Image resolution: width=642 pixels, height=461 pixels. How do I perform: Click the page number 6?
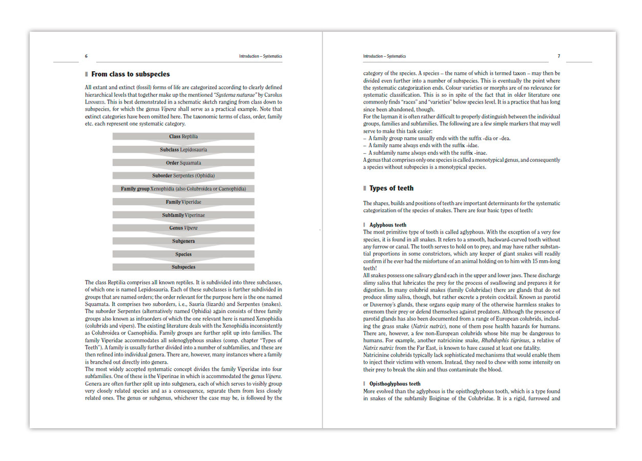point(86,56)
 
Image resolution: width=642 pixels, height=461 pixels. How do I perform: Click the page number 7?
point(559,56)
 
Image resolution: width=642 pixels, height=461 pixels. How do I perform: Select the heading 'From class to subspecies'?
point(130,74)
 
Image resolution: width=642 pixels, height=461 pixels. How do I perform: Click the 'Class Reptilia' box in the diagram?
point(183,137)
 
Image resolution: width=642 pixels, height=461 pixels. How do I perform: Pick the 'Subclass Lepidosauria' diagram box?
point(183,150)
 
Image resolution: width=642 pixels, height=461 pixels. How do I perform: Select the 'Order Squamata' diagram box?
point(183,163)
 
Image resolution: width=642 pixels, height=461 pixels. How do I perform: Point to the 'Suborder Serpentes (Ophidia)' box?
point(183,176)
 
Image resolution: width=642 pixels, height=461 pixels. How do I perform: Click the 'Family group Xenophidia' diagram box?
point(183,189)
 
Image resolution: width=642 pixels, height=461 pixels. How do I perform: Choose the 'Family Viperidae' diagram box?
point(183,202)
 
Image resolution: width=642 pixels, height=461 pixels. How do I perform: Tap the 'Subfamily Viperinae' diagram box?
point(183,215)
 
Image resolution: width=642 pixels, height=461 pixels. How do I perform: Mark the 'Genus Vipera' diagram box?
point(183,228)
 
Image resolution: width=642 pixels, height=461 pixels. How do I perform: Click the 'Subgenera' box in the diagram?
point(183,241)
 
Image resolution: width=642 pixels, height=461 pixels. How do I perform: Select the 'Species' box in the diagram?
point(183,254)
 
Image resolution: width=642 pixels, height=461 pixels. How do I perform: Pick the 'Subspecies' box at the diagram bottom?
point(183,267)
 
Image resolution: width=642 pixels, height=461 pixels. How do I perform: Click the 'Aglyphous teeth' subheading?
point(388,225)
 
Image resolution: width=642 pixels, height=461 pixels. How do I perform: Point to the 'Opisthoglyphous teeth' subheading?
point(395,384)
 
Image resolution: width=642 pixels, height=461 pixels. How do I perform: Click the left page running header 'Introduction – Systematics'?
point(260,56)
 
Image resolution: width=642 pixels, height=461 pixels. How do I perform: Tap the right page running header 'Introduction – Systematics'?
point(384,56)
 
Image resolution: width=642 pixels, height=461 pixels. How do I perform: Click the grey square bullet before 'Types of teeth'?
point(365,188)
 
